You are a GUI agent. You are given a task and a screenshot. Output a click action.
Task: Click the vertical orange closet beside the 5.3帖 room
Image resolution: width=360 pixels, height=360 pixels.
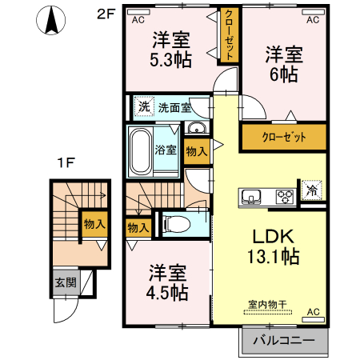pos(228,38)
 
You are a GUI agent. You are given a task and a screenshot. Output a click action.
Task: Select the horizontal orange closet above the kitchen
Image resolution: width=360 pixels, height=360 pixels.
pos(284,136)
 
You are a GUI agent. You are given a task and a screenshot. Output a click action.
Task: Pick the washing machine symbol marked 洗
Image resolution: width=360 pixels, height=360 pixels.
pos(143,106)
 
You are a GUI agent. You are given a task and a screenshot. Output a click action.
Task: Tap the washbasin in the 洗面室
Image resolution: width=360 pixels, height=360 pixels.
pos(196,129)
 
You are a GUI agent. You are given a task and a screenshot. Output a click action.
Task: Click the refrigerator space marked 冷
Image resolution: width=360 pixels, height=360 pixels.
pos(311,192)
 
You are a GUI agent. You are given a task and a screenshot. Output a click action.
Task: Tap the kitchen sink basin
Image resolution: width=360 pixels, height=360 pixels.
pos(250,195)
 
